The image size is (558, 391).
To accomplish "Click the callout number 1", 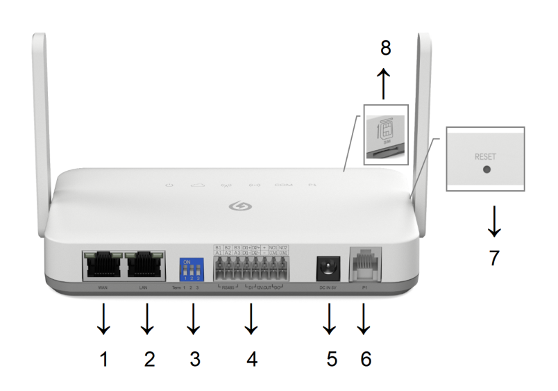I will (x=104, y=359).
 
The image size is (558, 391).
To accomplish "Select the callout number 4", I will (x=252, y=359).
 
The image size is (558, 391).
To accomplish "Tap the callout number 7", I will (x=494, y=258).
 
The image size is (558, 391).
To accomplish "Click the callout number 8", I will (x=386, y=48).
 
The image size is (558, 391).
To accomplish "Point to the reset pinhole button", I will (x=485, y=169).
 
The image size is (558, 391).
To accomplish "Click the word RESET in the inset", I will (x=485, y=157).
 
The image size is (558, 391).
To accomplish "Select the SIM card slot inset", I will (x=386, y=135).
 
